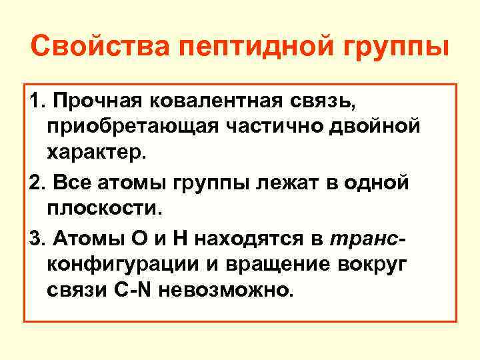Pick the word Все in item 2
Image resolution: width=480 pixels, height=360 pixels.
(67, 183)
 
